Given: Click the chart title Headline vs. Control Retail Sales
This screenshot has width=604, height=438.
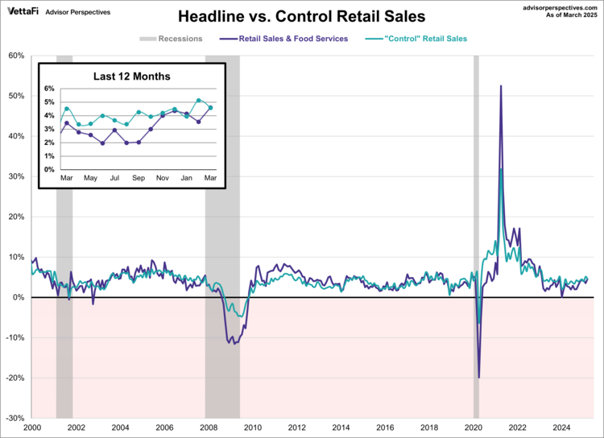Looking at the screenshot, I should coord(301,16).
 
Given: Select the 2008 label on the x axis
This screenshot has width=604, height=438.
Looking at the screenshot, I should coord(208,428).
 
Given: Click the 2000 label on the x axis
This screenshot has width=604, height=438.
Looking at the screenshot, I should coord(32,428).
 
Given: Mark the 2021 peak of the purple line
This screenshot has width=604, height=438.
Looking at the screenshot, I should coord(501,86).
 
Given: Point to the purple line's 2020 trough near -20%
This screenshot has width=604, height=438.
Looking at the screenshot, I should coord(479,377).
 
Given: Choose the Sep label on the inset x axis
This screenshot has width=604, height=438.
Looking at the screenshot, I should coord(139,177).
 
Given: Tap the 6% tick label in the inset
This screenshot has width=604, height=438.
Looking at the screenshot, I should coord(48,89).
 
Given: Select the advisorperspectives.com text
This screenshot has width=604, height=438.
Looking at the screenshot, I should coord(555,6).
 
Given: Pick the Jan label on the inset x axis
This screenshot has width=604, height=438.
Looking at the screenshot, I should coord(186,177).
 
